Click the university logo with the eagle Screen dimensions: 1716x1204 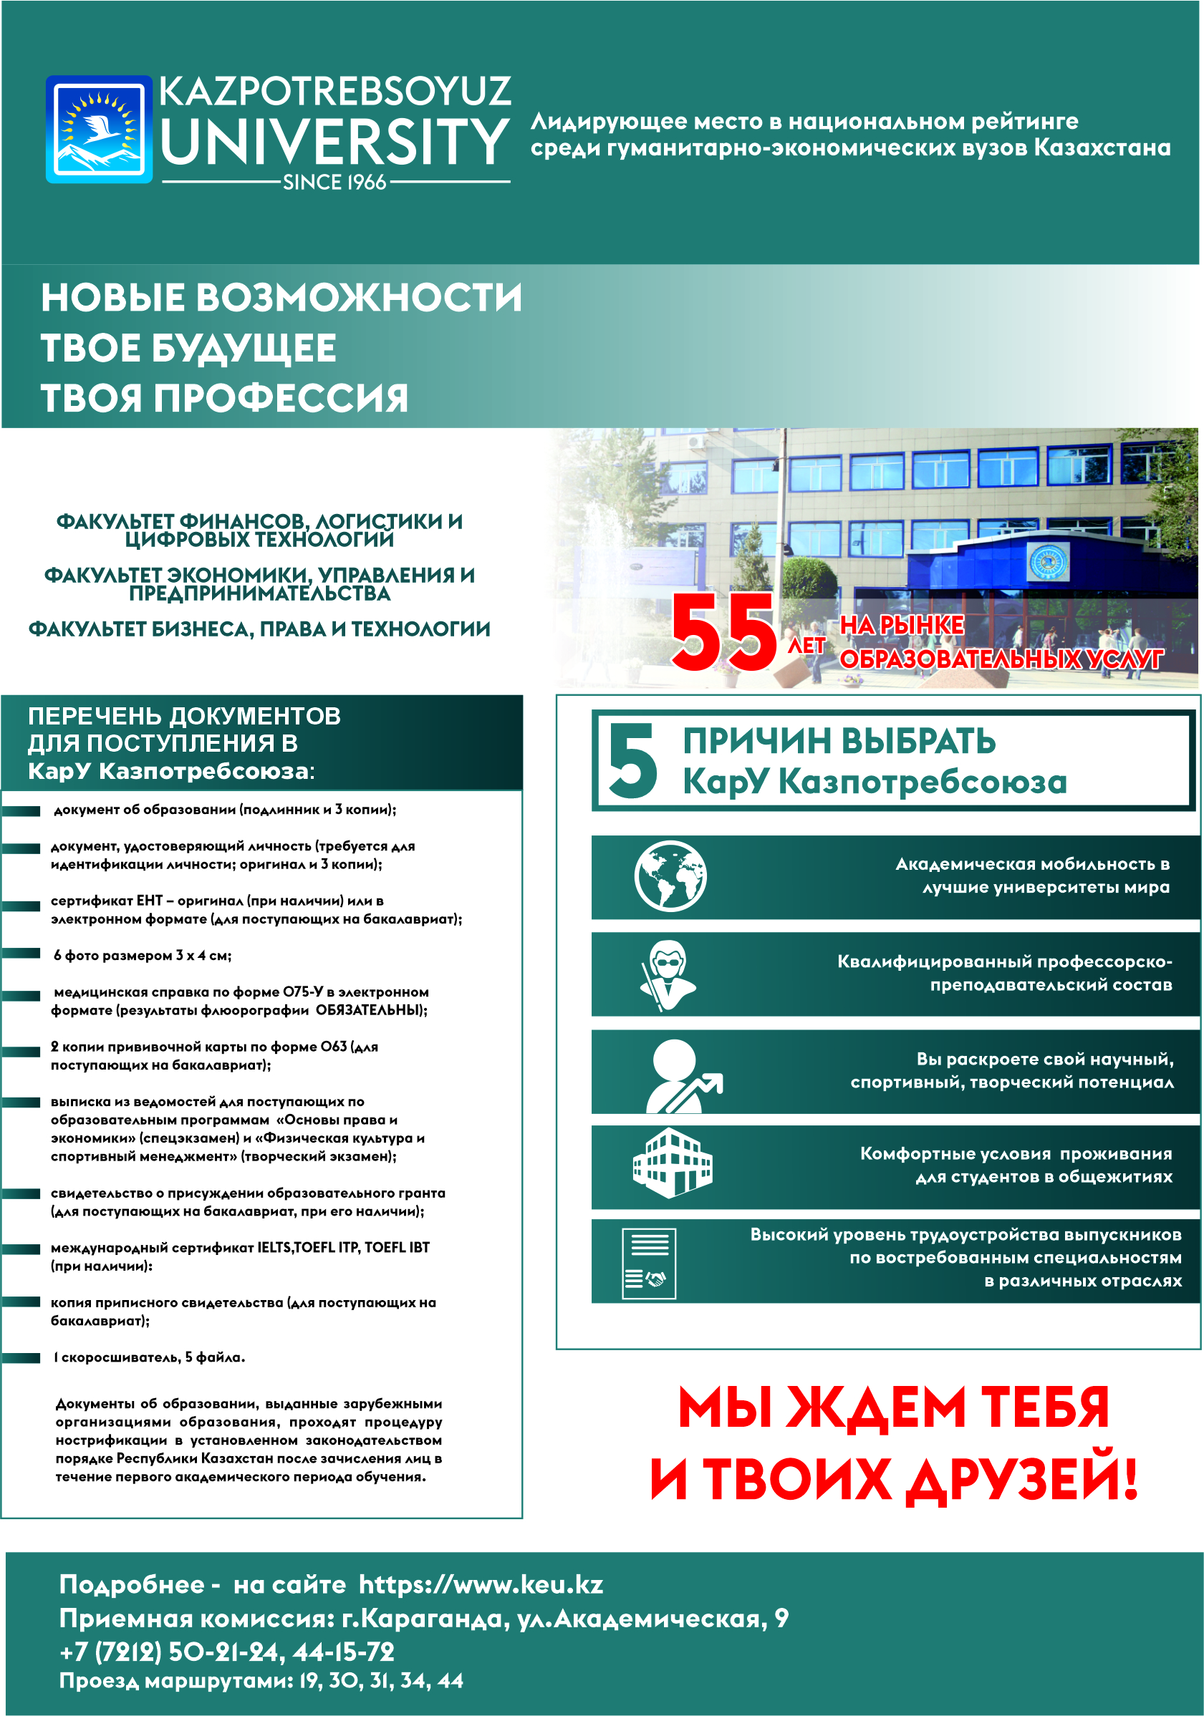99,130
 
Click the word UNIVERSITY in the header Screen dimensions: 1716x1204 334,142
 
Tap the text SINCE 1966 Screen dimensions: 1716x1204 334,183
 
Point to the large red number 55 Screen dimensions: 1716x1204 724,632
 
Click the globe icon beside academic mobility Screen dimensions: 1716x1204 670,876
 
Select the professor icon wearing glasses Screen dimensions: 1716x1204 667,974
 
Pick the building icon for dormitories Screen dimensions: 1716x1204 672,1163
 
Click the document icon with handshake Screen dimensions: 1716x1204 648,1263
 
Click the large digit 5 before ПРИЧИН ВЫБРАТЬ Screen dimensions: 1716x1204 632,760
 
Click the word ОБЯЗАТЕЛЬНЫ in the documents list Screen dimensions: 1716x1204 371,1010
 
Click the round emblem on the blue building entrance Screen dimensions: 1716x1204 1049,562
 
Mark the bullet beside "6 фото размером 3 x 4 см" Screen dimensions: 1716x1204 21,954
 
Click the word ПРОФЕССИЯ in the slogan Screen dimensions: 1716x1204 281,397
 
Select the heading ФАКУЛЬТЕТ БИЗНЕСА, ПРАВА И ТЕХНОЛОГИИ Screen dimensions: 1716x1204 259,629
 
